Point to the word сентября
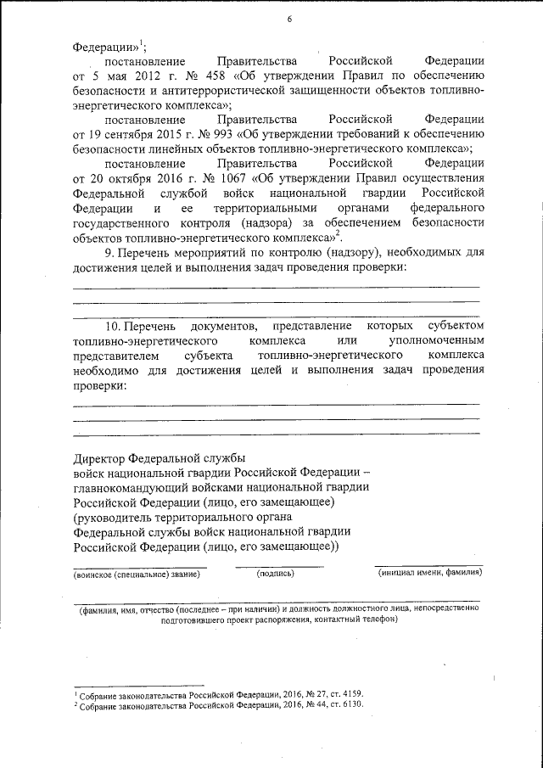[131, 134]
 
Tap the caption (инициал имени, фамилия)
[430, 574]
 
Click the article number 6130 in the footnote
[347, 706]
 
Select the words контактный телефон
[359, 619]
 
